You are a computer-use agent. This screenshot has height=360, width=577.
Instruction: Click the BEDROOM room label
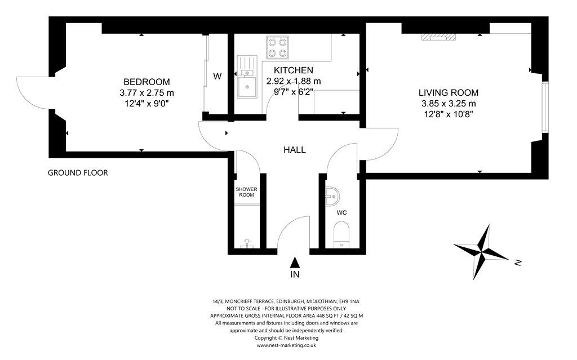(147, 82)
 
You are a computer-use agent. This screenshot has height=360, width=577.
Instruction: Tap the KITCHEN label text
(293, 70)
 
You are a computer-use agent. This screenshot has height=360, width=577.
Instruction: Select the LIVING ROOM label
(449, 93)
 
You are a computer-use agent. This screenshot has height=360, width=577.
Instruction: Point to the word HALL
(294, 150)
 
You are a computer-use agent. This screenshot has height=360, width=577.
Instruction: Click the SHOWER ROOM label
(247, 192)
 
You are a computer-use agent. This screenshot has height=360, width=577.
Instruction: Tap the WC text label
(341, 213)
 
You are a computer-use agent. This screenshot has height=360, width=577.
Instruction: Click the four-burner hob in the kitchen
(277, 47)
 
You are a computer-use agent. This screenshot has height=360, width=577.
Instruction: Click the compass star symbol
(481, 252)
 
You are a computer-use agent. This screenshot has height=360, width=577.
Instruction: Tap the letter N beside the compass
(518, 263)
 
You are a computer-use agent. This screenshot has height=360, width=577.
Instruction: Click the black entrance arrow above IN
(294, 263)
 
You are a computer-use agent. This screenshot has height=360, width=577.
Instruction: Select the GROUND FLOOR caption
(78, 172)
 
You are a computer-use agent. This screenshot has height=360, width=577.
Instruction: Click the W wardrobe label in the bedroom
(218, 76)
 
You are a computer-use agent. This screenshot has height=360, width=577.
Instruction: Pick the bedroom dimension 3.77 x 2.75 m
(147, 93)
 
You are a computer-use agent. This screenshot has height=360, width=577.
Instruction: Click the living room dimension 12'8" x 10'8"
(449, 114)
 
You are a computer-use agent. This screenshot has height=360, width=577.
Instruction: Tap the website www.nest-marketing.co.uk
(286, 345)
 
